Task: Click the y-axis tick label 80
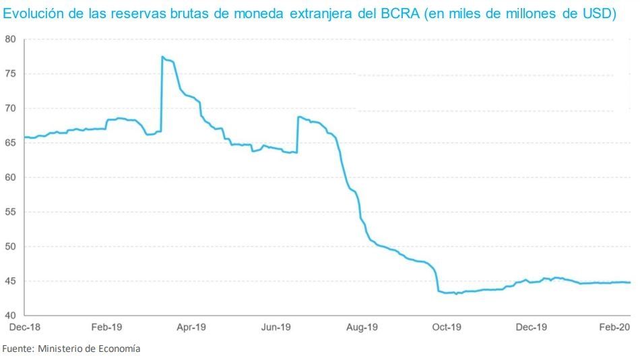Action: [9, 39]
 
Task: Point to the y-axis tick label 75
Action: [9, 73]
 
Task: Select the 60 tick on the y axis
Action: [9, 177]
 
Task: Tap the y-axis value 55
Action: [9, 212]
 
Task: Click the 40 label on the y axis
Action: [9, 316]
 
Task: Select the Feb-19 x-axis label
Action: [106, 328]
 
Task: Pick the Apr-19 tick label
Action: [191, 328]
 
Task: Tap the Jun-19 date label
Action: [276, 328]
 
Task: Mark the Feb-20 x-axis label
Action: [614, 328]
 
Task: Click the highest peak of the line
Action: [162, 57]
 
